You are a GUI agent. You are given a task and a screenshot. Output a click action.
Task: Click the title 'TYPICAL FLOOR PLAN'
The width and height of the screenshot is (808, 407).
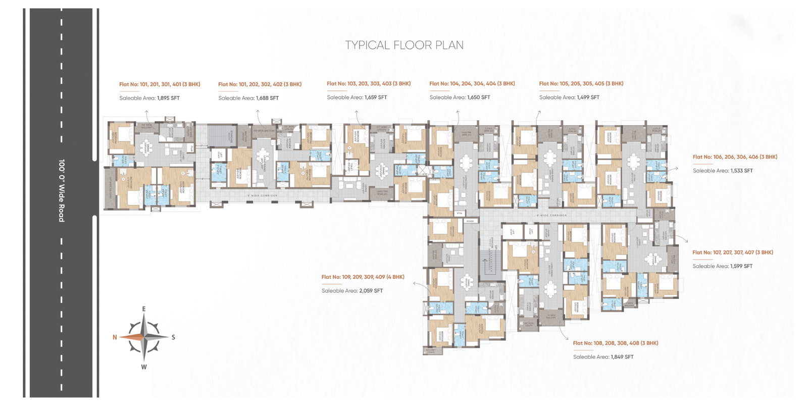click(404, 45)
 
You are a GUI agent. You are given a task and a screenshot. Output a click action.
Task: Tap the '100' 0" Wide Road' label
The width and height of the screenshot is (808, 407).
click(62, 191)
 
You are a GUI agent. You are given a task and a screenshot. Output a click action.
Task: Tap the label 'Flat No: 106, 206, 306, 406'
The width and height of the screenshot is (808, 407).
click(735, 157)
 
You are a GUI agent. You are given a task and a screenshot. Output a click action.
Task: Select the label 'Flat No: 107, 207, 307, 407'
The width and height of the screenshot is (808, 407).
click(732, 252)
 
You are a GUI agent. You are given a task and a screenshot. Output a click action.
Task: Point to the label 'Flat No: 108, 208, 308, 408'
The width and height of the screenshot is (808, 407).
click(615, 343)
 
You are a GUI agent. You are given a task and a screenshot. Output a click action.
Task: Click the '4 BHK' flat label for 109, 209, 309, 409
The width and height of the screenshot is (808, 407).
click(363, 277)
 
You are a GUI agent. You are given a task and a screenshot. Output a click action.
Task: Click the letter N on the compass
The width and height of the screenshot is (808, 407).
click(115, 337)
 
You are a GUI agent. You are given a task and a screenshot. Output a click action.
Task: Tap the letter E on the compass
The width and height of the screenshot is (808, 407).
click(144, 309)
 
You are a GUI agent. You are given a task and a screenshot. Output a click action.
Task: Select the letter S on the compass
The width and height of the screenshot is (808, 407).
click(173, 337)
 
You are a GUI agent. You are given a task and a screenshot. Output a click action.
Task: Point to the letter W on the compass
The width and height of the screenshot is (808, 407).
click(144, 367)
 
